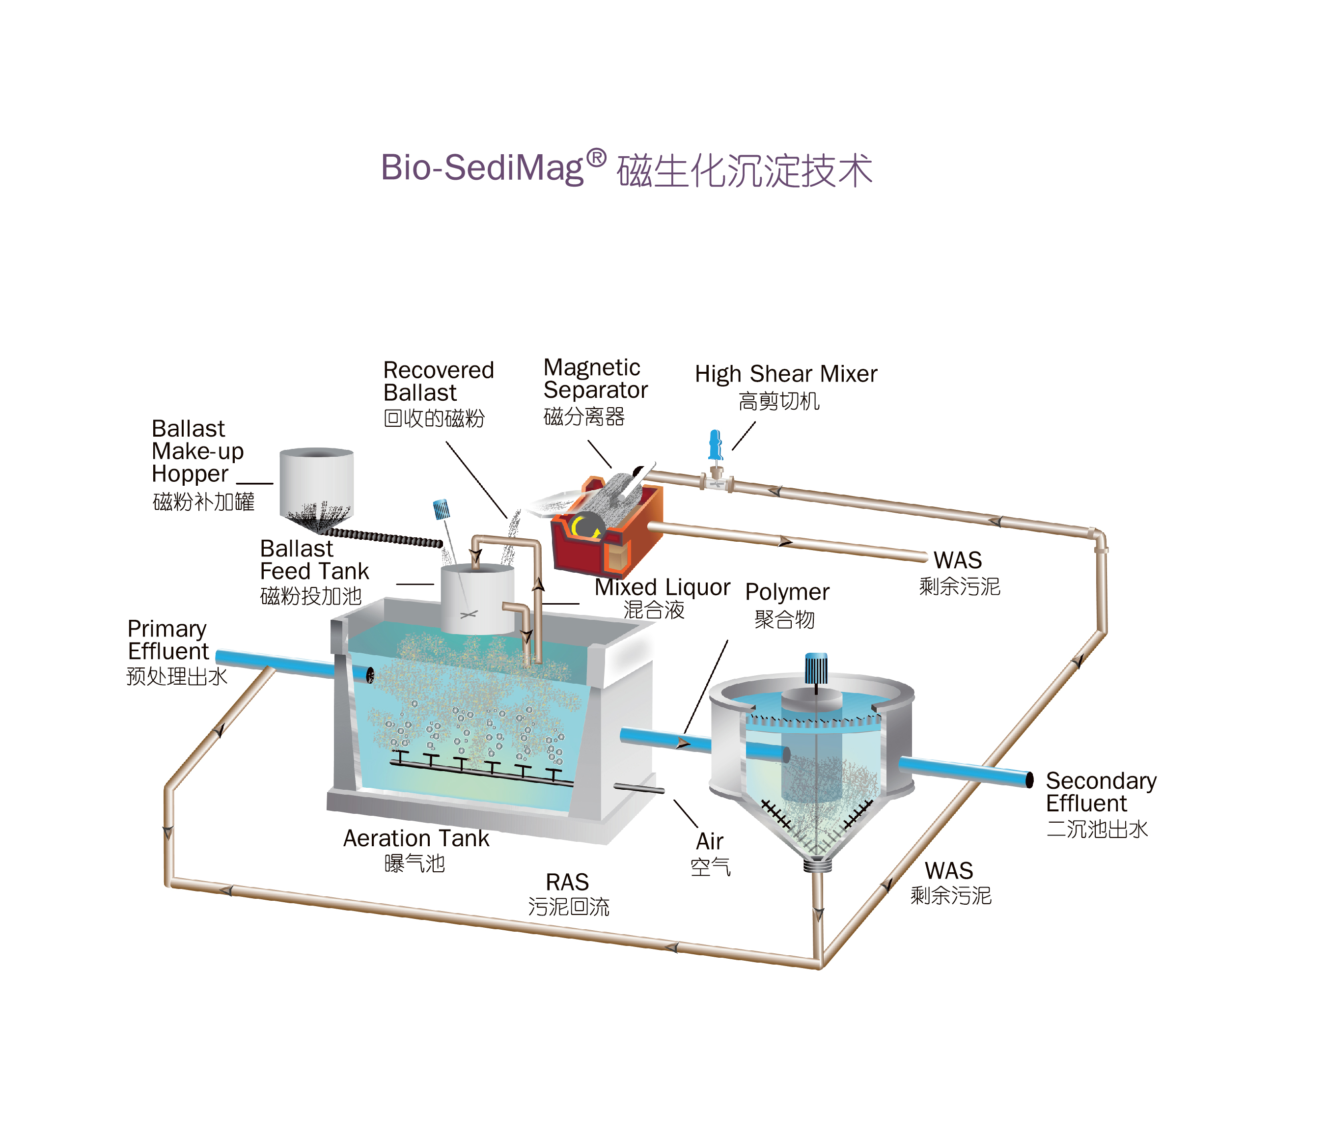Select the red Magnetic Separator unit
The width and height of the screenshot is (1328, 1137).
pyautogui.click(x=606, y=526)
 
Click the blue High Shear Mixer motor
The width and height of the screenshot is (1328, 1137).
pyautogui.click(x=715, y=445)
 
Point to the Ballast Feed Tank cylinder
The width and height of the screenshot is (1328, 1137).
pyautogui.click(x=477, y=599)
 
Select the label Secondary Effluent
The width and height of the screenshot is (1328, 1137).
pyautogui.click(x=1101, y=792)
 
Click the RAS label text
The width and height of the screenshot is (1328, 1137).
pyautogui.click(x=567, y=882)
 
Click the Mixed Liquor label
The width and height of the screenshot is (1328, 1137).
pyautogui.click(x=662, y=587)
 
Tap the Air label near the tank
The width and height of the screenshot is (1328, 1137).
pyautogui.click(x=710, y=841)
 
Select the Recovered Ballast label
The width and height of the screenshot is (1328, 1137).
pyautogui.click(x=439, y=381)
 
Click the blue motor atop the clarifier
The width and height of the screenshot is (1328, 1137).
pyautogui.click(x=816, y=668)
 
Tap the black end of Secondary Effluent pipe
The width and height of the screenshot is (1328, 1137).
pyautogui.click(x=1029, y=779)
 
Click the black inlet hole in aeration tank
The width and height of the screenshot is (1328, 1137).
pyautogui.click(x=370, y=675)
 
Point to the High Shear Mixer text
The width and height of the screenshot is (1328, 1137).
pyautogui.click(x=786, y=374)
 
